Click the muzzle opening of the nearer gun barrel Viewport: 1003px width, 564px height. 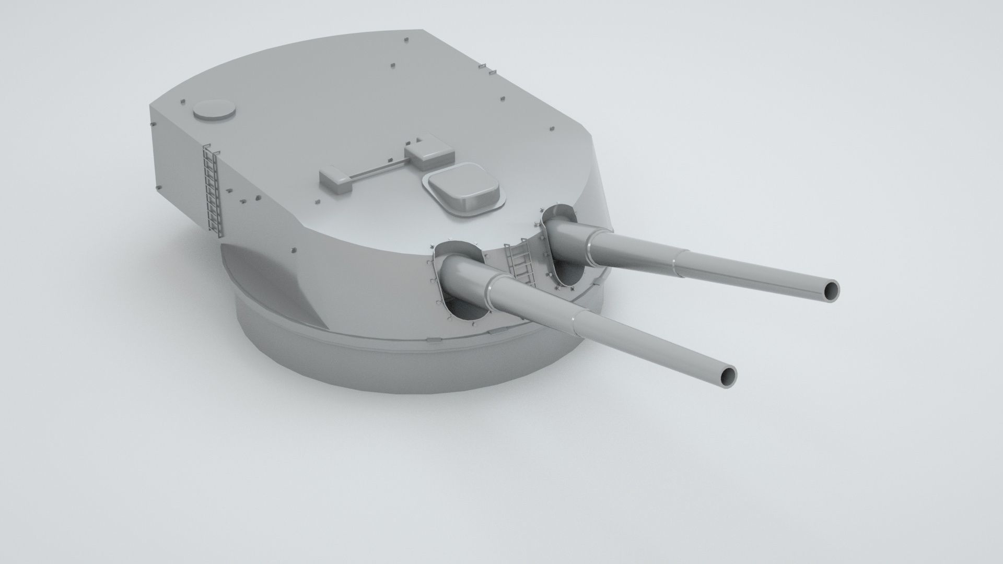click(727, 375)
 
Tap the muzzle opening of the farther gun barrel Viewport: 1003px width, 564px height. click(830, 290)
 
